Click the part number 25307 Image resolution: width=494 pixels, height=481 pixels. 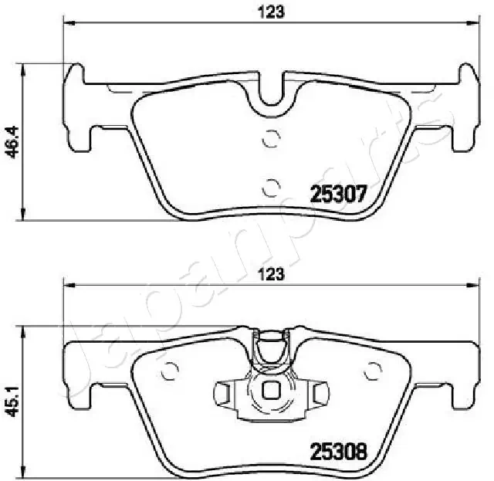click(339, 193)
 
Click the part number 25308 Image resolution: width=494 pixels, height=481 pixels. click(339, 451)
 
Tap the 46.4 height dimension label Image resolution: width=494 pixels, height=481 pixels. click(14, 141)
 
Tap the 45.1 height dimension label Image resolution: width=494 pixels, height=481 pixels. click(14, 401)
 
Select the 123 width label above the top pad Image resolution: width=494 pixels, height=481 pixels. click(271, 12)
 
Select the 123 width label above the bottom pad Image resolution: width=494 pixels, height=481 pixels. click(272, 274)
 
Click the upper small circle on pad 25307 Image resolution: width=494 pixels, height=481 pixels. click(271, 138)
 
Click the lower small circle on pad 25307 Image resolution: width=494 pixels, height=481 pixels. click(271, 188)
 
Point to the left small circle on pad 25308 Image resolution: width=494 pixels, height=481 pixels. click(170, 371)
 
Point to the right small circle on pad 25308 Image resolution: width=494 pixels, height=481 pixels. click(373, 371)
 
